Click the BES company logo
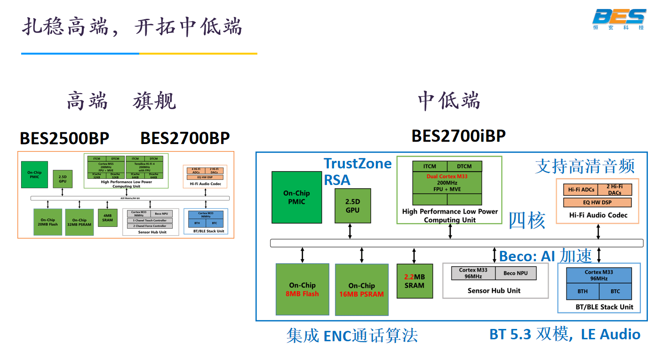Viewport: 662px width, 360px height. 619,18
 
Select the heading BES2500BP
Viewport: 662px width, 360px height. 64,138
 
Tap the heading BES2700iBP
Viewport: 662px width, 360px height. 458,136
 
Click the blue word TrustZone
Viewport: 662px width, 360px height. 358,163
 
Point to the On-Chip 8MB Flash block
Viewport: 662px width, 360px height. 302,289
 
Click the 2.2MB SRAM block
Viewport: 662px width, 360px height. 415,281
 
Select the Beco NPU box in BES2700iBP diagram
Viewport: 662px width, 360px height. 515,273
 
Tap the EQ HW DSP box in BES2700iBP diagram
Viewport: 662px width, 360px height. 598,203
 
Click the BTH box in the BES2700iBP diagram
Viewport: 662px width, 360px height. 582,291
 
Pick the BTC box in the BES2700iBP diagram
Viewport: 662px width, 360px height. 615,291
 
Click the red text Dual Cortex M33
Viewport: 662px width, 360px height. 447,176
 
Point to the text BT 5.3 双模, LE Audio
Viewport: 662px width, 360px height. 565,334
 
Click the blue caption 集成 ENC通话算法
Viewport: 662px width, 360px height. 352,336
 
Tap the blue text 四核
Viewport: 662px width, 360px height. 527,220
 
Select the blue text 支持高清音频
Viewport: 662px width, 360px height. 585,166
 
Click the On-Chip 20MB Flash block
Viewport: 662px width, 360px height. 48,222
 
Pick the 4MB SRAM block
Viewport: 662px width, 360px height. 107,218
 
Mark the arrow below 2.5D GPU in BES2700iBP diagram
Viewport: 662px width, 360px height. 350,231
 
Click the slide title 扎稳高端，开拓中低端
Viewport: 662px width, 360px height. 132,27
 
